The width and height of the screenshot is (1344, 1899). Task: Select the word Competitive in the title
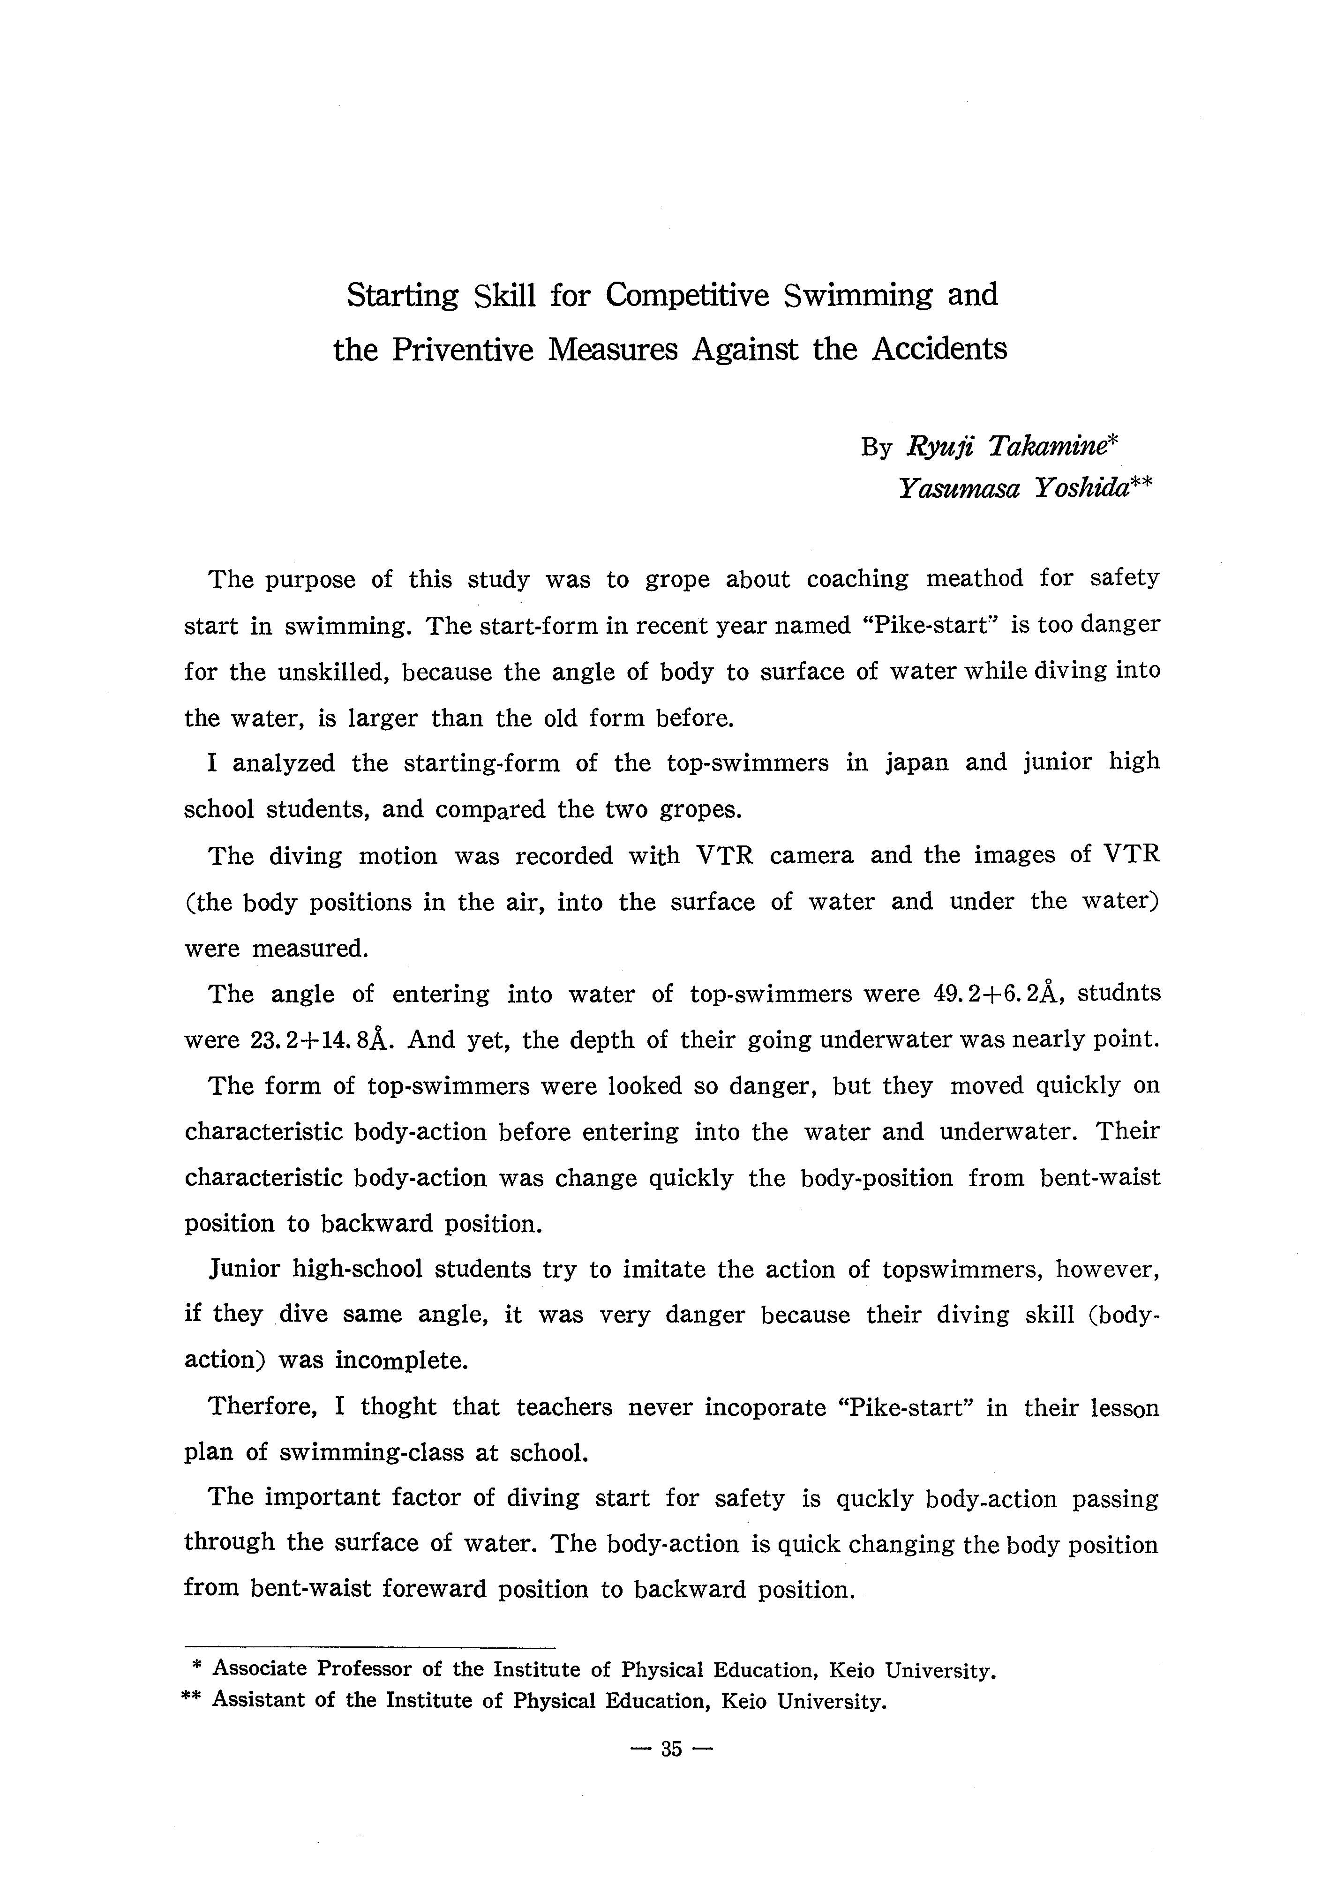(x=687, y=295)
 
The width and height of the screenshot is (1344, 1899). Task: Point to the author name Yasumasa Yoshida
(x=1014, y=489)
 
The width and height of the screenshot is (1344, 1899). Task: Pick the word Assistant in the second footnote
(x=256, y=1701)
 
